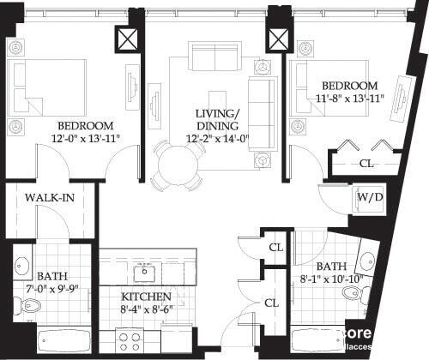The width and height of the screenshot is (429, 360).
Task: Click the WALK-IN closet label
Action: coord(48,198)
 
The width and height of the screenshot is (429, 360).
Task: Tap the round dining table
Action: coord(177,161)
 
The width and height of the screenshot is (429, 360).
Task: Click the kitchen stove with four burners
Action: coord(129,341)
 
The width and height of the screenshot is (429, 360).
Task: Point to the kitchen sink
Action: coord(144,273)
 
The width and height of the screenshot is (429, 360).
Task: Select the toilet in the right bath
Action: coord(352,294)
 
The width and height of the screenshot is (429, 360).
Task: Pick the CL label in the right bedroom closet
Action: coord(366,163)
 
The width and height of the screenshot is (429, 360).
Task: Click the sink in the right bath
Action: coord(366,261)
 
